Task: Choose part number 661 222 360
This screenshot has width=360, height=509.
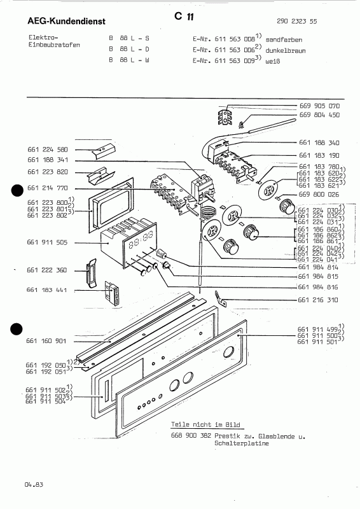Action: tap(48, 270)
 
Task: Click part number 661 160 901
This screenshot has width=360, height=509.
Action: tap(48, 340)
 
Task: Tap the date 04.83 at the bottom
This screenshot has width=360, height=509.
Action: tap(34, 485)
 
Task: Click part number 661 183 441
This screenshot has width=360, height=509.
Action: tap(48, 290)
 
